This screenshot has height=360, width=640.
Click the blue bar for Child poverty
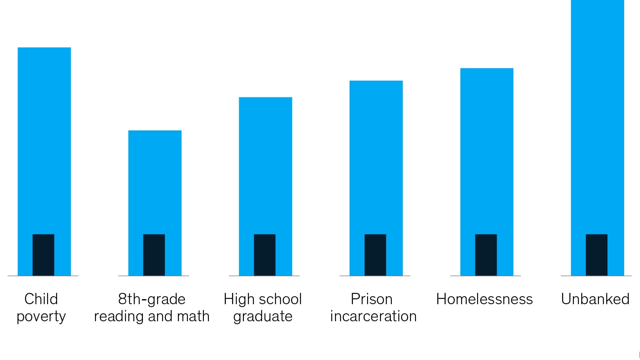pyautogui.click(x=44, y=137)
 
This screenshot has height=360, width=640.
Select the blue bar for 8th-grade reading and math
pyautogui.click(x=155, y=179)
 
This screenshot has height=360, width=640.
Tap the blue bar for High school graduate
pyautogui.click(x=265, y=162)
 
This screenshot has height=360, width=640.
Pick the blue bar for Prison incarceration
pyautogui.click(x=376, y=154)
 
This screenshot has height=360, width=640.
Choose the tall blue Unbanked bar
pyautogui.click(x=597, y=117)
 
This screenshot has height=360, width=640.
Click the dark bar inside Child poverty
pyautogui.click(x=43, y=255)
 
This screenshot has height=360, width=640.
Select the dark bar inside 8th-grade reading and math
pyautogui.click(x=154, y=255)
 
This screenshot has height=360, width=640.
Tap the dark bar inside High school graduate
pyautogui.click(x=265, y=255)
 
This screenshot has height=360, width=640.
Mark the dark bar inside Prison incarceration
pyautogui.click(x=375, y=255)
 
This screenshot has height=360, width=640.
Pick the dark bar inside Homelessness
pyautogui.click(x=486, y=255)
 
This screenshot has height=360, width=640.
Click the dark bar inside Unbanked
pyautogui.click(x=597, y=255)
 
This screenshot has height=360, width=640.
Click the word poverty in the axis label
pyautogui.click(x=41, y=317)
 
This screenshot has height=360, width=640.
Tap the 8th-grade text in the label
pyautogui.click(x=152, y=299)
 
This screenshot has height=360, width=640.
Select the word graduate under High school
pyautogui.click(x=263, y=317)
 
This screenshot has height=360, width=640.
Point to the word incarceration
pyautogui.click(x=373, y=316)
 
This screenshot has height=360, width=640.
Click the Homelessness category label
pyautogui.click(x=484, y=299)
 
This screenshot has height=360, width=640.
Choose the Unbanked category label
pyautogui.click(x=595, y=299)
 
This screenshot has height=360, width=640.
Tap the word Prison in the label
pyautogui.click(x=372, y=299)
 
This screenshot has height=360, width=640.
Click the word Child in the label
pyautogui.click(x=41, y=299)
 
